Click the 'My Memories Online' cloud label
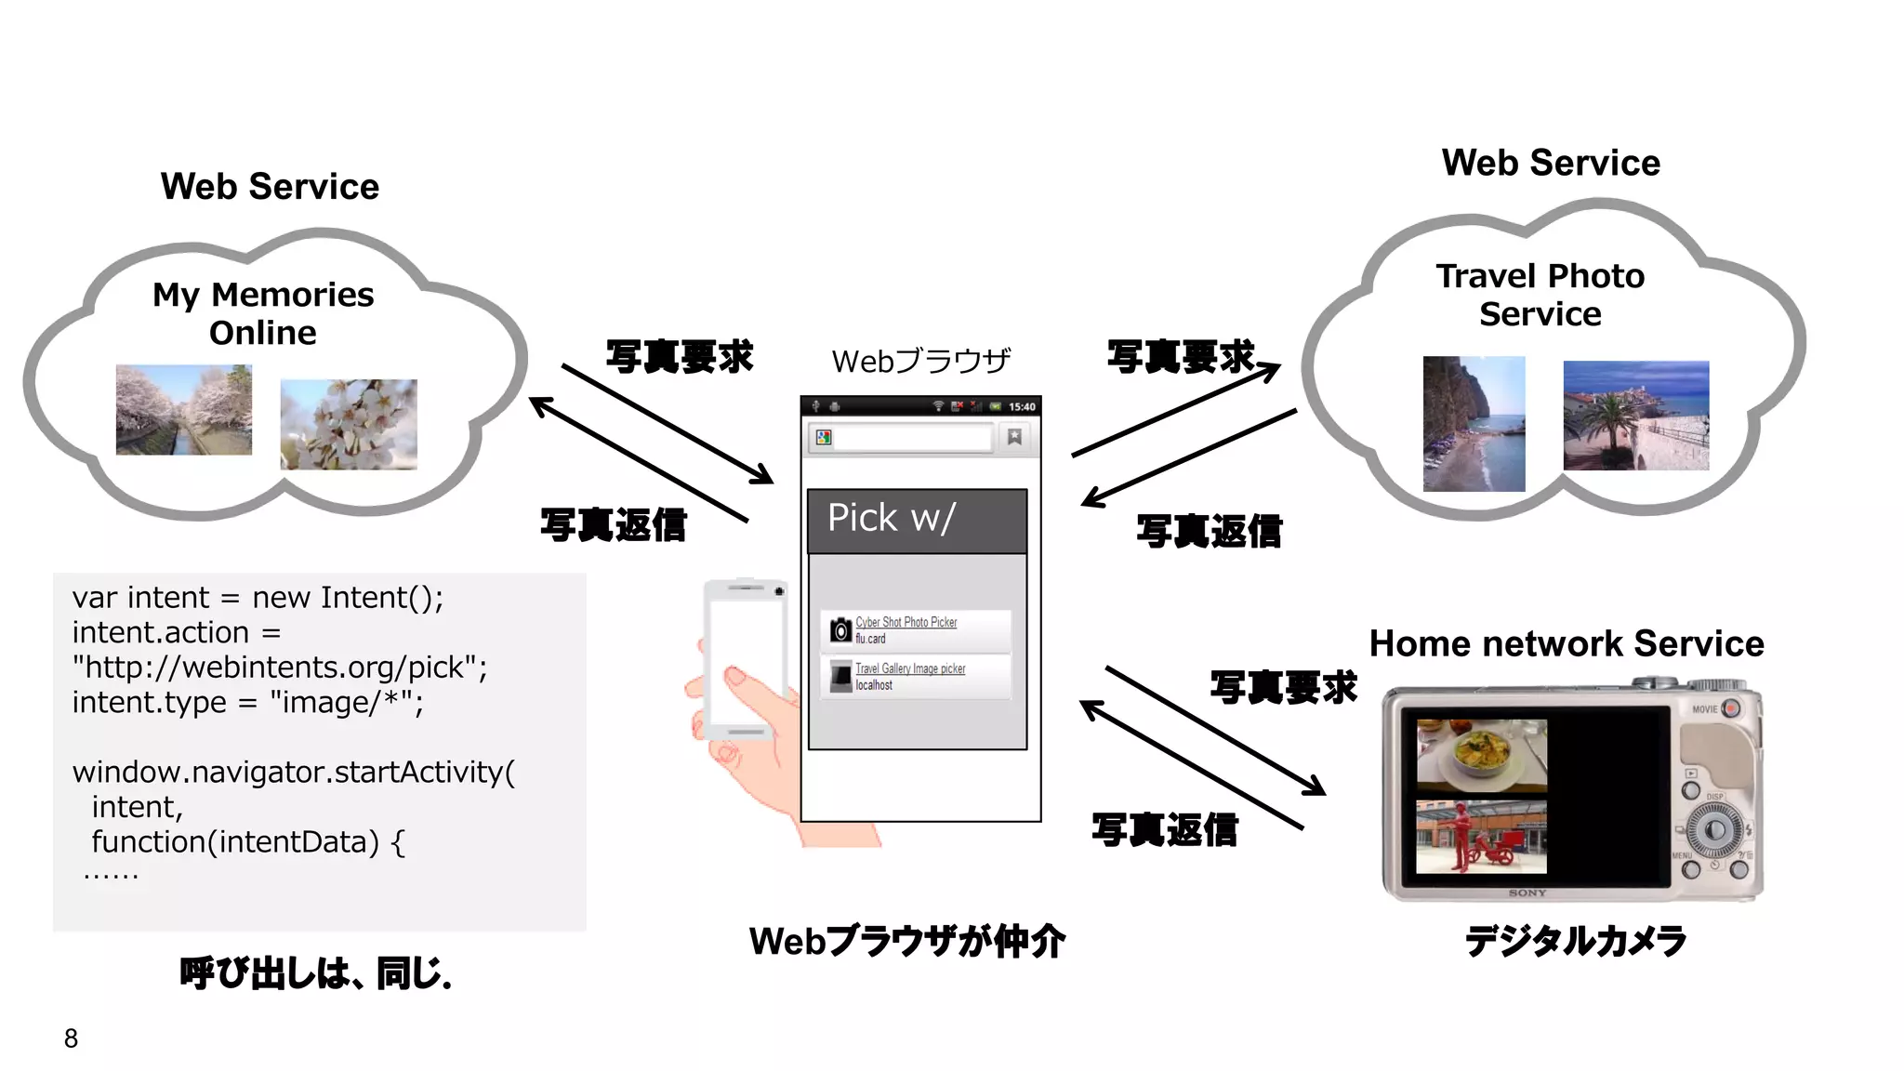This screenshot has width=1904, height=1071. (x=263, y=313)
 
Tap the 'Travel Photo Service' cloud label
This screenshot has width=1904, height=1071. (x=1540, y=295)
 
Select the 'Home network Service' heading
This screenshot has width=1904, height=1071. (x=1567, y=643)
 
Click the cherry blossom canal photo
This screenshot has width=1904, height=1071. (x=183, y=410)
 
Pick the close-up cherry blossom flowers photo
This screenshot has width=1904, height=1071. (x=349, y=424)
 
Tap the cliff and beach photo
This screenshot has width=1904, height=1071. (x=1474, y=424)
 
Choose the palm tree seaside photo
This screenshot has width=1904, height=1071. (x=1635, y=416)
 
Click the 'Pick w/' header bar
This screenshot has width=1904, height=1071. (x=917, y=520)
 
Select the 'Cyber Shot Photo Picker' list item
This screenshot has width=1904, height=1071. (x=916, y=630)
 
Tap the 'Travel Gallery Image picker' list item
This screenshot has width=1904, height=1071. (x=916, y=677)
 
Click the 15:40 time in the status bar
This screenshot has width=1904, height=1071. (x=1022, y=406)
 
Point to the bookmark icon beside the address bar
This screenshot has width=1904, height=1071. (x=1014, y=437)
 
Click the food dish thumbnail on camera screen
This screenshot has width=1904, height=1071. (x=1481, y=753)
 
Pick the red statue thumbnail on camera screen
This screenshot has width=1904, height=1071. (x=1481, y=837)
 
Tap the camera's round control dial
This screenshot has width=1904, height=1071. (x=1715, y=830)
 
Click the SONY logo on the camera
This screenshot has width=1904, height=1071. (x=1527, y=892)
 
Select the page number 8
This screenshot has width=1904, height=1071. (x=71, y=1038)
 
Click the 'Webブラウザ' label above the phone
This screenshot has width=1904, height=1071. (x=920, y=361)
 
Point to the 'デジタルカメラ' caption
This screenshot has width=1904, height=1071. (x=1575, y=941)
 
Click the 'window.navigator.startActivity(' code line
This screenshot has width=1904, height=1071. (x=294, y=772)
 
